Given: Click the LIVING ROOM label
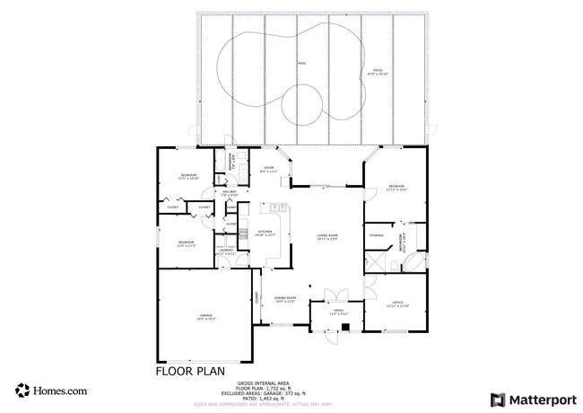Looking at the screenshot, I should [x=326, y=237].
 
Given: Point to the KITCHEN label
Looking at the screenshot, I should [x=265, y=233].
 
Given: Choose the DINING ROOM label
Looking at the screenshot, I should [x=285, y=299].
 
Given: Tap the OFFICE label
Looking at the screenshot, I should [x=397, y=304].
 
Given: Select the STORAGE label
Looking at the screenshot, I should [x=377, y=236].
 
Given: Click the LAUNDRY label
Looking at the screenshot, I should [x=226, y=252].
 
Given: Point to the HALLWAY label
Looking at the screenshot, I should [x=229, y=193].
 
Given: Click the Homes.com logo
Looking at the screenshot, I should [x=51, y=391].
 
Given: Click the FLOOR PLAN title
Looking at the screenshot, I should [x=190, y=369].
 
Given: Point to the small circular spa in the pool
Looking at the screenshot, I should [x=303, y=105].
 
